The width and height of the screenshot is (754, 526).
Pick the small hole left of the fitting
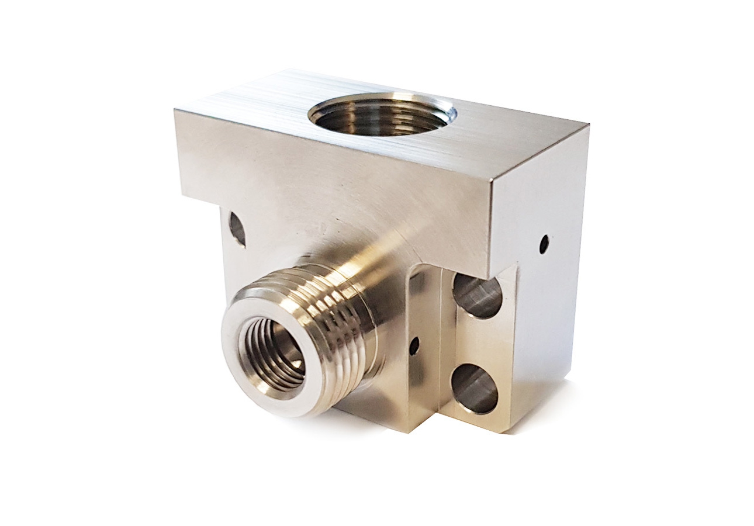point(237,228)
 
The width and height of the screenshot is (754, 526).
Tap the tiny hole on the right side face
point(544,244)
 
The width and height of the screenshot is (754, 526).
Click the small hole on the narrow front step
point(414,346)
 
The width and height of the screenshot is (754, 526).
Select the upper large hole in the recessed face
point(477,296)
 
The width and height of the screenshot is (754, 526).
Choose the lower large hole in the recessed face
point(475,388)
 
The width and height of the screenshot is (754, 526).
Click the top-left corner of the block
point(175,110)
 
